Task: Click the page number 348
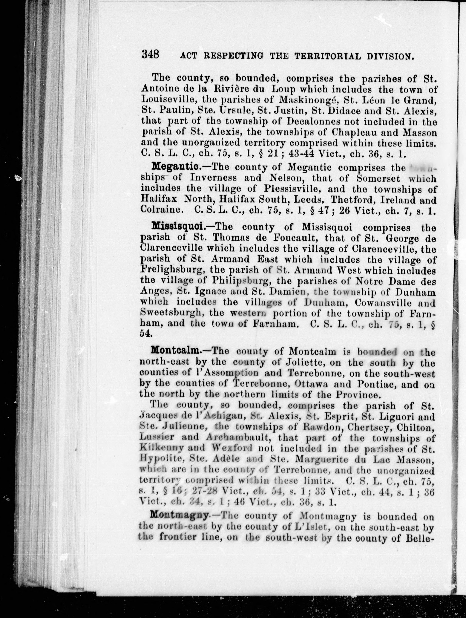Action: (150, 54)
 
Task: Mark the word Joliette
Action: (305, 363)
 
